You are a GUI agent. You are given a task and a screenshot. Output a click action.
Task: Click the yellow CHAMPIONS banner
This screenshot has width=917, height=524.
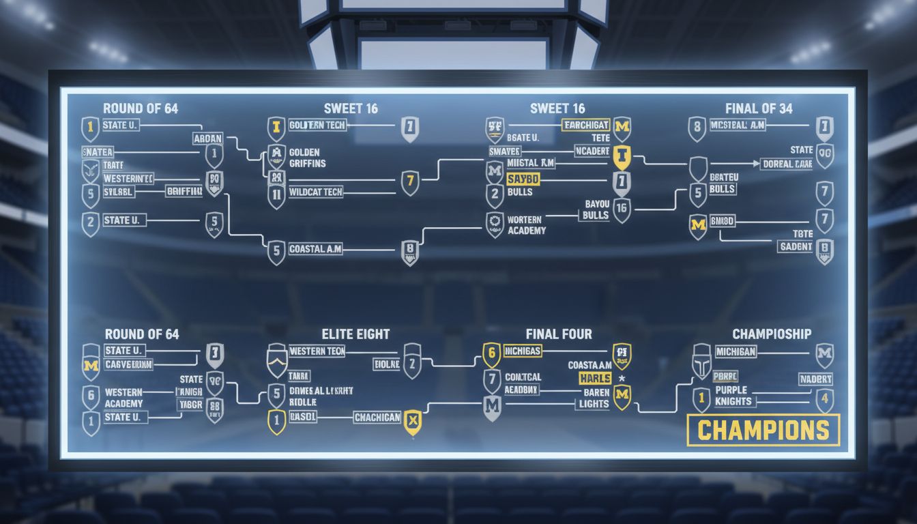[x=763, y=431]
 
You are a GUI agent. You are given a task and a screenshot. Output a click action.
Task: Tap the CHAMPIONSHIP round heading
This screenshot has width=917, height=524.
[x=772, y=334]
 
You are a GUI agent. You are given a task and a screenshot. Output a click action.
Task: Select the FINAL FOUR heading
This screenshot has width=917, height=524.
[x=558, y=334]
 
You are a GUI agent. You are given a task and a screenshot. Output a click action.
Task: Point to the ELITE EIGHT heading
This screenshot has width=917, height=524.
[x=355, y=334]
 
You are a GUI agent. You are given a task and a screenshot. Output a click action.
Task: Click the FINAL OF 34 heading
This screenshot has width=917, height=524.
[x=759, y=108]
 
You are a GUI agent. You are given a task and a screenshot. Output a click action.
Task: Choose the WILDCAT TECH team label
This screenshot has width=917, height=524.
[x=315, y=192]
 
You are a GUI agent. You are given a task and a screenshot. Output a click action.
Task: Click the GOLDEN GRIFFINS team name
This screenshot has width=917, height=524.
[x=307, y=158]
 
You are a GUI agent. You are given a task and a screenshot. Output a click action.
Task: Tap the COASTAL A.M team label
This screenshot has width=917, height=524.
[x=315, y=250]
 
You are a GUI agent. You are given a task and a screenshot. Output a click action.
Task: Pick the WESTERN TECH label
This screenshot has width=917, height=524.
[x=317, y=351]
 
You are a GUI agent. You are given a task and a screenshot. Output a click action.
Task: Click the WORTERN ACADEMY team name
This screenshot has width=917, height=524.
[x=526, y=225]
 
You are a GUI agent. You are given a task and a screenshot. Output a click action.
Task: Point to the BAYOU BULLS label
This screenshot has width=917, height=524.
[x=595, y=209]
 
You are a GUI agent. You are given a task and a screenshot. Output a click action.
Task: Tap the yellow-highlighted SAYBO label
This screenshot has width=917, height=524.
[x=523, y=179]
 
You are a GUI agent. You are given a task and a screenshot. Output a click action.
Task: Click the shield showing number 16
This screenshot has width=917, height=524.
[x=621, y=209]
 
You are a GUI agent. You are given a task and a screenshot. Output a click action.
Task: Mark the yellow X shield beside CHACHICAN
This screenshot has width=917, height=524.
[x=412, y=421]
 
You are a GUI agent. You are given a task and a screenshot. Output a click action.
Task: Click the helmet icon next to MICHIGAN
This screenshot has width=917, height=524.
[x=701, y=362]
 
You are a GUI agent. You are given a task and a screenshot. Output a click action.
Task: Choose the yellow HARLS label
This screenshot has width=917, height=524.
[x=594, y=378]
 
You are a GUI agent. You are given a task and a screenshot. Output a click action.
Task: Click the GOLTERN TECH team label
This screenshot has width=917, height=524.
[x=317, y=125]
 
